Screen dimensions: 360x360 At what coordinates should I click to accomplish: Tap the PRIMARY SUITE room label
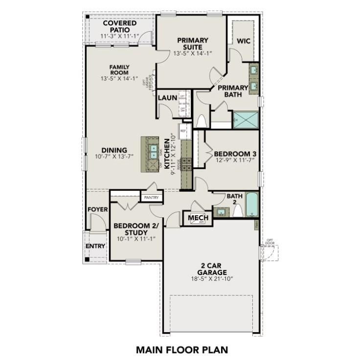(x=193, y=44)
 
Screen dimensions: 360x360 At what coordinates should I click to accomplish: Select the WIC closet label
(x=244, y=41)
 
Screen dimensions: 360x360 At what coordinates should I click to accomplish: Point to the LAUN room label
(x=167, y=98)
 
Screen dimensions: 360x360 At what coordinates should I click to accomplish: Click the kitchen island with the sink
(x=152, y=154)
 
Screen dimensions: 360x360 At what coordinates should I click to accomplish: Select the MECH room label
(x=198, y=218)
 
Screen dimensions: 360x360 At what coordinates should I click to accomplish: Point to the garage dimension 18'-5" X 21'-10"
(x=212, y=279)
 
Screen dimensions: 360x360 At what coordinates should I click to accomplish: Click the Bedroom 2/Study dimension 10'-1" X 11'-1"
(x=136, y=239)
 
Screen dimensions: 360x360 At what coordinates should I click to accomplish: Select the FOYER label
(x=97, y=209)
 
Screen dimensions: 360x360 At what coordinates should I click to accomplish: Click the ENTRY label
(x=95, y=246)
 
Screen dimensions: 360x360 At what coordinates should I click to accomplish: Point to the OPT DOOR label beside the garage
(x=270, y=242)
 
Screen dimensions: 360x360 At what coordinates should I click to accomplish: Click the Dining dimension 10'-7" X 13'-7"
(x=114, y=157)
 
